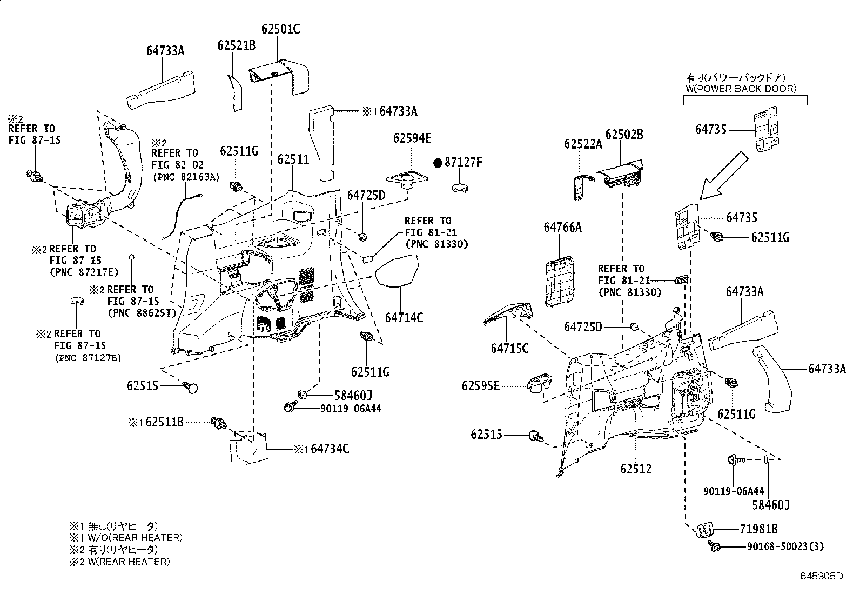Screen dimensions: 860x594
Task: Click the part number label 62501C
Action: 281,29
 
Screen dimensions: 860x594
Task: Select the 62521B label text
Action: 237,45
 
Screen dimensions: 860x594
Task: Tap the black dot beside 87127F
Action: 438,163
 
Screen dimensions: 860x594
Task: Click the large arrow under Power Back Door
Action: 724,176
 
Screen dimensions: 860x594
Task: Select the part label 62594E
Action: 412,138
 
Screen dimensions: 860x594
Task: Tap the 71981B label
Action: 758,529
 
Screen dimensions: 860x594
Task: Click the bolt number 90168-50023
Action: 777,546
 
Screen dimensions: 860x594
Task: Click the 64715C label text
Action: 510,349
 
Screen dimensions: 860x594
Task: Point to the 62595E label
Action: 481,385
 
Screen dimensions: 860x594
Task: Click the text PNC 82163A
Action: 186,177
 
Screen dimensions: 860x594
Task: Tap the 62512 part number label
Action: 636,469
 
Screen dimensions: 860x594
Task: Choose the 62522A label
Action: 583,144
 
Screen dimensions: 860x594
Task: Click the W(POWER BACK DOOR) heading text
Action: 741,89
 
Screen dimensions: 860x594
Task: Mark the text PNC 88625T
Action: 142,313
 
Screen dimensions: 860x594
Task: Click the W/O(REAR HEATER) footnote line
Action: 126,538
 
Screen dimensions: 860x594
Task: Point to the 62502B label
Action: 624,135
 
